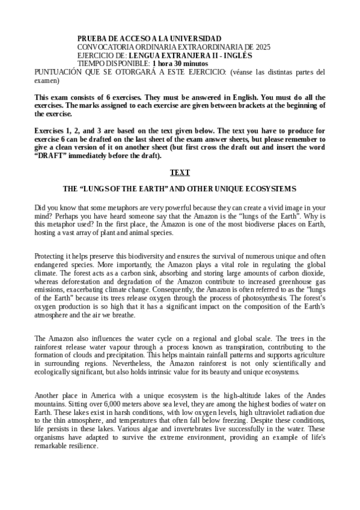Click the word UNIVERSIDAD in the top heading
click(199, 38)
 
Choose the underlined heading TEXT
click(180, 173)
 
